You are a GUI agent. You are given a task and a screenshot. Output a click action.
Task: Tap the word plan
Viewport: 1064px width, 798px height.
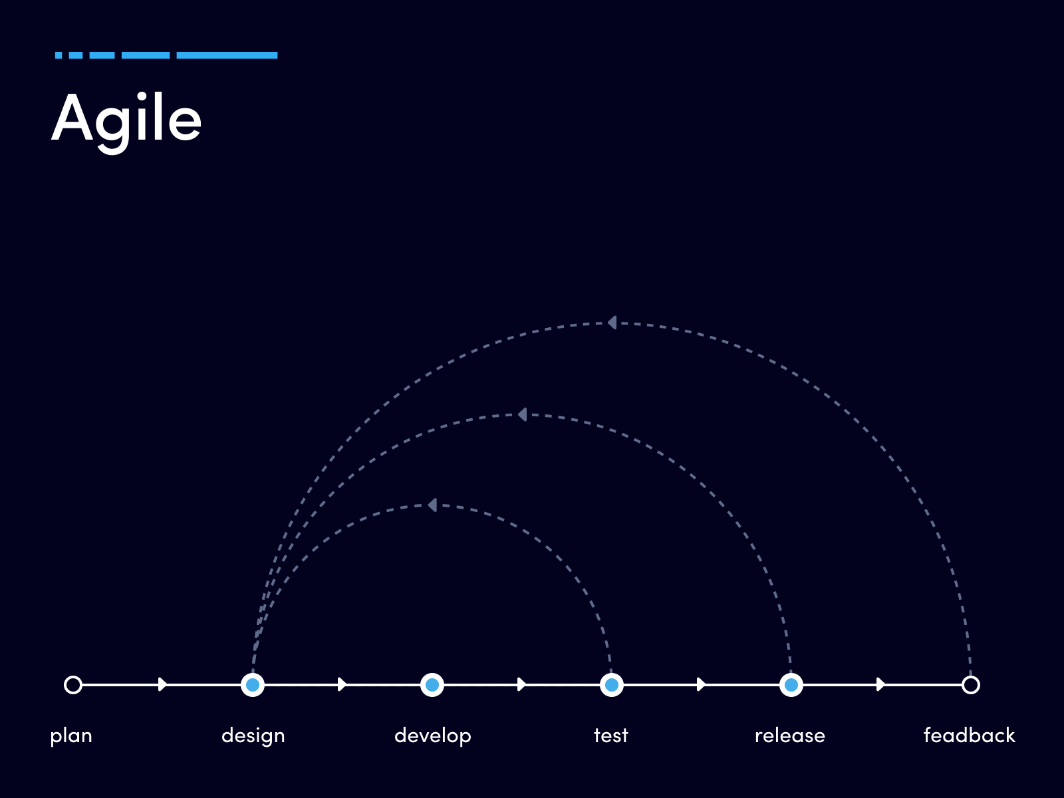click(71, 736)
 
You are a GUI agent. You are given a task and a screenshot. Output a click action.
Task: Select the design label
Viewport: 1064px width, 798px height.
click(253, 736)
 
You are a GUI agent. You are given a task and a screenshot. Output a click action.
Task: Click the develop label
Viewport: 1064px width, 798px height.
click(432, 736)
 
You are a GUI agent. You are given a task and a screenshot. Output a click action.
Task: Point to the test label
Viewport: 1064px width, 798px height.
click(610, 735)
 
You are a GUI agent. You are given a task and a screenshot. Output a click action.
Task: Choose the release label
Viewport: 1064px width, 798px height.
click(790, 735)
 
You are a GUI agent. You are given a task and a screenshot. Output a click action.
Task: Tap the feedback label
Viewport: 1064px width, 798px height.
click(969, 735)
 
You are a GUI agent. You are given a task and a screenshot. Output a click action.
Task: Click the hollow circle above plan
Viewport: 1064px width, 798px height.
click(73, 685)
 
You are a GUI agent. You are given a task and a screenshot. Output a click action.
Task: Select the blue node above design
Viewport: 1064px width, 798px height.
click(253, 685)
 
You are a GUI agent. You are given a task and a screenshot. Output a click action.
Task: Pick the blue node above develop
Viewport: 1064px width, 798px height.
click(432, 685)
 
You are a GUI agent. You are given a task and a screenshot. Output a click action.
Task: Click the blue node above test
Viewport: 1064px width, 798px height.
click(612, 685)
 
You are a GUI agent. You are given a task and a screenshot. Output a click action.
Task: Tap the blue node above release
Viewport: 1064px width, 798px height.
click(791, 685)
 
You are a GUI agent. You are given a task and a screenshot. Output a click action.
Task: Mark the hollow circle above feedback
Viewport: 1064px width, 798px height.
click(970, 685)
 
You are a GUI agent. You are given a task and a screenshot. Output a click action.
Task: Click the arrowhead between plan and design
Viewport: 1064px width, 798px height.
click(162, 685)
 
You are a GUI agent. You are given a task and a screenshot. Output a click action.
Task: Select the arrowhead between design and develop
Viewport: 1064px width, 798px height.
click(342, 685)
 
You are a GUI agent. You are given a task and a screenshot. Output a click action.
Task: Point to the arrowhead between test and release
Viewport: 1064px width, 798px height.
click(702, 685)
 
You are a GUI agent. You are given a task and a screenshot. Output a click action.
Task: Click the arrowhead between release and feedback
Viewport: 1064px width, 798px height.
click(880, 685)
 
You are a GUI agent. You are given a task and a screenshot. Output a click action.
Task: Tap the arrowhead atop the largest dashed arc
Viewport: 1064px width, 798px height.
click(612, 323)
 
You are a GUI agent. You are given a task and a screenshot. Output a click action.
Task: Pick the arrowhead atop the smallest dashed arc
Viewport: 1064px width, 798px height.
click(432, 505)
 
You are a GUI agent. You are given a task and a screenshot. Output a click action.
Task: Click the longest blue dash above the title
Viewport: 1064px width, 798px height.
click(227, 55)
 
